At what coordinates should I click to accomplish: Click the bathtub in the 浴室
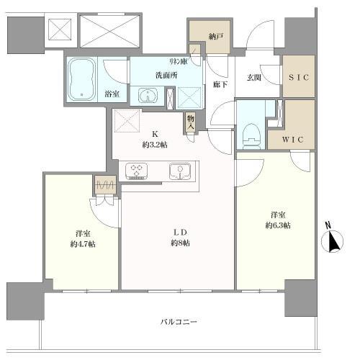point(85,79)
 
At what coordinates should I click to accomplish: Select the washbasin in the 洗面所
point(149,96)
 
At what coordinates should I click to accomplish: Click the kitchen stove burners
point(137,171)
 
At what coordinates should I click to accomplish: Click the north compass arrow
point(333,241)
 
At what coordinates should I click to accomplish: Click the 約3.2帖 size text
point(155,144)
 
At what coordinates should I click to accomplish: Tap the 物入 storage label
point(191,122)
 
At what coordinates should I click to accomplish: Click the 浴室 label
point(112,92)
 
